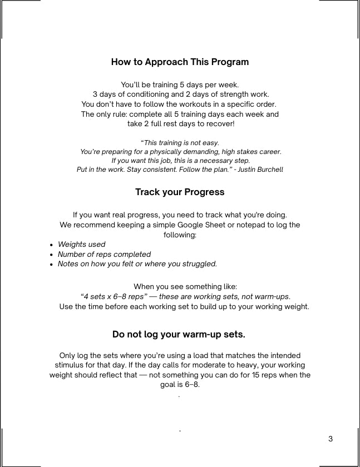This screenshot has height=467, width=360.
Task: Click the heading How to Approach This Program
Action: [180, 62]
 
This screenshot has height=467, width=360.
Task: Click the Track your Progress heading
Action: [180, 192]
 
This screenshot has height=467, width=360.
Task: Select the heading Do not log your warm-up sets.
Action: [179, 335]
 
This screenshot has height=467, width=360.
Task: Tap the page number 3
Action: [331, 439]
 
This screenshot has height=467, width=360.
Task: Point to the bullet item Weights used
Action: [81, 245]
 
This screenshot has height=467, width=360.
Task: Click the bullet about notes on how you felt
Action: [137, 264]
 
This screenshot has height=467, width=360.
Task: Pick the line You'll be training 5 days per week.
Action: [180, 85]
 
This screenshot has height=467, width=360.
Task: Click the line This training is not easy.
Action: [180, 143]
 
